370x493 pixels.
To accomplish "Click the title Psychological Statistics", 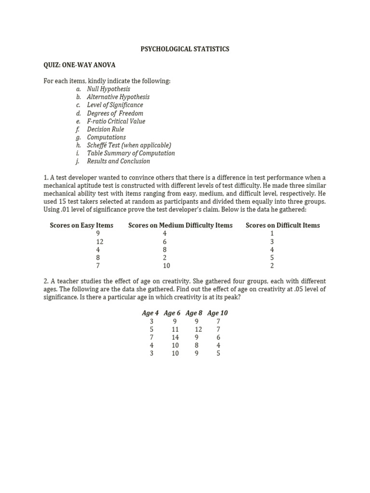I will point(185,49).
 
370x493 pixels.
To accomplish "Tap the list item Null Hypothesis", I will point(108,89).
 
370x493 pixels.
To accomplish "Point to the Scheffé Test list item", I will point(129,145).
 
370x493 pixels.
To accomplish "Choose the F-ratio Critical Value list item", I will point(116,121).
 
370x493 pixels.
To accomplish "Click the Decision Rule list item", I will point(105,129).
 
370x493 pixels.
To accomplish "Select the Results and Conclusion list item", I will point(118,161).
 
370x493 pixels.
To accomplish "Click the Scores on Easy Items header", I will point(81,225).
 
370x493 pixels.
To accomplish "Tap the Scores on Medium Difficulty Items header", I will point(180,225).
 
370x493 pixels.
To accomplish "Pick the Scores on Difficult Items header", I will point(282,225).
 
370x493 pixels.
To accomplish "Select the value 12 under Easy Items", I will point(100,242).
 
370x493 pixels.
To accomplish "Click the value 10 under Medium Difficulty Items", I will point(166,266).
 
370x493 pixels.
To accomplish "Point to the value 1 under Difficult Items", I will point(272,234).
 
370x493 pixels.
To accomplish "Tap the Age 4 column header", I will point(150,313).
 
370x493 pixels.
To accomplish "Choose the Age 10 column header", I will point(217,313).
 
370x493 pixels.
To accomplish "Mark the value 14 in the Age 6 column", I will point(175,337).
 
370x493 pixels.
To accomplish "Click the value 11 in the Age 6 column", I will point(175,329).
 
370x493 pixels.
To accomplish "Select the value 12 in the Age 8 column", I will point(198,329).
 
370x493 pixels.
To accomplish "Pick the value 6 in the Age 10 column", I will point(218,337).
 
